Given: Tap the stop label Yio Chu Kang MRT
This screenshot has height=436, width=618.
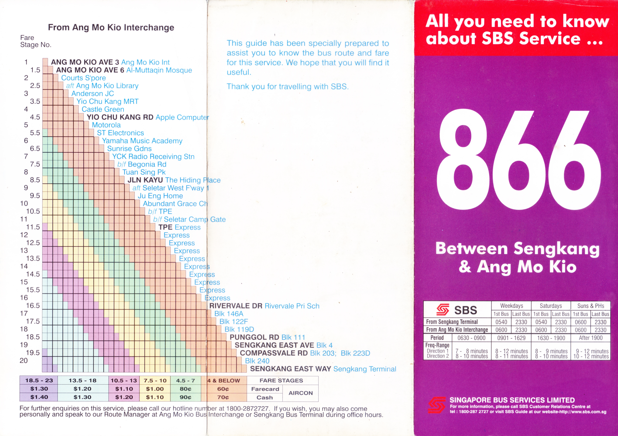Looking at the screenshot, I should [107, 101].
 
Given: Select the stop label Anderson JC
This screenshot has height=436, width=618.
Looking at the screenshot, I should [93, 94].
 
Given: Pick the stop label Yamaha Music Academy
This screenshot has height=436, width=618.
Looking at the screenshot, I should [142, 141].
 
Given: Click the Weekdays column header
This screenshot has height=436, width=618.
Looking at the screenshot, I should [511, 306].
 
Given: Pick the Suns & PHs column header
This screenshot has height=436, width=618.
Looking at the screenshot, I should [591, 306].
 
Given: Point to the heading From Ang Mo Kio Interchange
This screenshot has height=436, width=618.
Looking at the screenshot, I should [111, 27].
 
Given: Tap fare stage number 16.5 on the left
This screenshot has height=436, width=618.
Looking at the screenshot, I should [33, 306].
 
